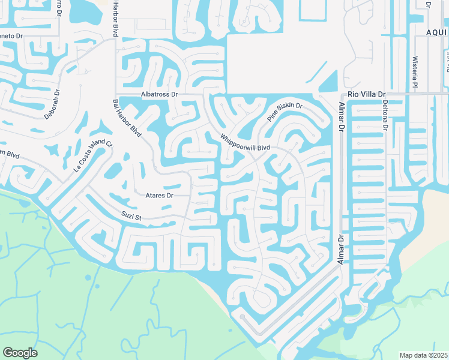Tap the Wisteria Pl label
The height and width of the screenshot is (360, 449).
pos(414,71)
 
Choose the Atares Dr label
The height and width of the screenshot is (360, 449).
pos(159,196)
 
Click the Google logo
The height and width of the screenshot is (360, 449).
pos(20,353)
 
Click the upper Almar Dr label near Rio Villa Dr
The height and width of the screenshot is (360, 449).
pos(342,116)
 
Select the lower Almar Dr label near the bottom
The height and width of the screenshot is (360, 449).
pos(342,251)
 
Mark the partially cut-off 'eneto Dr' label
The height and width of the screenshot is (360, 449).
pos(11,36)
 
